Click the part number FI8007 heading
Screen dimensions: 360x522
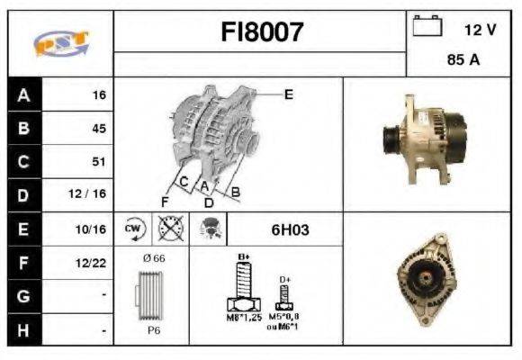point(262,33)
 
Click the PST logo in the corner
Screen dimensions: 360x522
point(60,44)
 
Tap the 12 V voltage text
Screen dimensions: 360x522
point(480,30)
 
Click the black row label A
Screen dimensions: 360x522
point(23,94)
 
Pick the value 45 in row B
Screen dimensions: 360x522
point(99,129)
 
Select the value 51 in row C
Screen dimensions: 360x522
point(99,162)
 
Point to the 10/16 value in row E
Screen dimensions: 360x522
point(93,229)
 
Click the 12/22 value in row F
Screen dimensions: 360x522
point(93,264)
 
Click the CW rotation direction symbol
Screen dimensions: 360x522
point(134,229)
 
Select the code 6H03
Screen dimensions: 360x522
point(290,229)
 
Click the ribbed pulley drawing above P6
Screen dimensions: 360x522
point(149,296)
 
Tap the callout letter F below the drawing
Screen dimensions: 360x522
point(166,200)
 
